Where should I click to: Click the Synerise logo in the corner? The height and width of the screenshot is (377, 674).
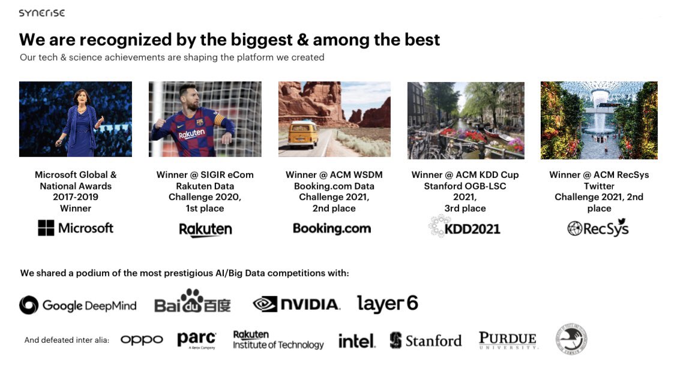click(x=41, y=13)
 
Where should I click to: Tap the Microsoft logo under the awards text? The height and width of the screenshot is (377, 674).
click(x=76, y=228)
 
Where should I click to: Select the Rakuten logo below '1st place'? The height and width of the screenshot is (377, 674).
click(x=205, y=230)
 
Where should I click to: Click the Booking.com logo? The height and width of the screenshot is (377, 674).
click(x=332, y=228)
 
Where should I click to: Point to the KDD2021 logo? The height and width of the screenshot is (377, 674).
click(x=464, y=227)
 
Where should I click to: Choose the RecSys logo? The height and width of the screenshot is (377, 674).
click(x=598, y=228)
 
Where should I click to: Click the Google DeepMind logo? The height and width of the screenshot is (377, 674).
click(x=78, y=305)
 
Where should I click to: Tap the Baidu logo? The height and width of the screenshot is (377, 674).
click(x=192, y=303)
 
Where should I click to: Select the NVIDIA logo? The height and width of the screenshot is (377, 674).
click(x=296, y=304)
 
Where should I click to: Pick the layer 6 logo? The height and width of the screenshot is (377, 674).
click(x=388, y=304)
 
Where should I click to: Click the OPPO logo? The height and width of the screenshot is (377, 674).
click(x=142, y=340)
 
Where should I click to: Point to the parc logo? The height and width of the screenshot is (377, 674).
click(x=196, y=340)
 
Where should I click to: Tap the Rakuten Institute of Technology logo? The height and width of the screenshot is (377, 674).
click(x=278, y=340)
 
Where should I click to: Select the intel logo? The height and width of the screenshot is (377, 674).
click(x=357, y=341)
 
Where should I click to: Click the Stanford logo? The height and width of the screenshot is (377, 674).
click(x=426, y=340)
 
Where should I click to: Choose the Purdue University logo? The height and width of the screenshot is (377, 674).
click(x=508, y=340)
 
